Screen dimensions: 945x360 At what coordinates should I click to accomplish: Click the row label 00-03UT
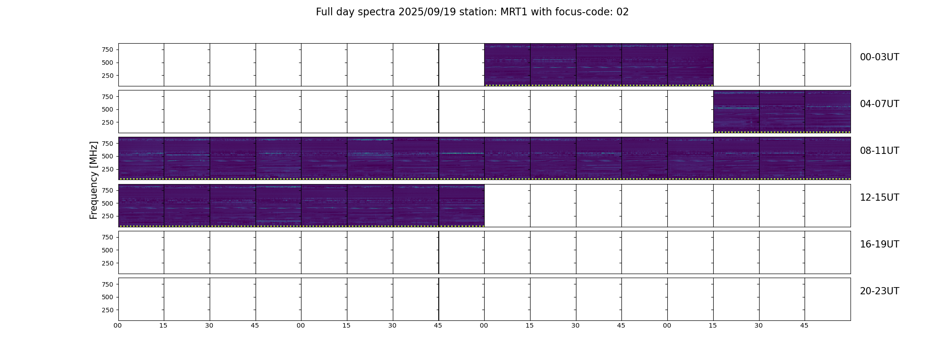click(x=879, y=57)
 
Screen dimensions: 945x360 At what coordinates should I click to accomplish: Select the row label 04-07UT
click(x=879, y=104)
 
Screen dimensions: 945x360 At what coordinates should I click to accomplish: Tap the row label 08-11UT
click(x=879, y=151)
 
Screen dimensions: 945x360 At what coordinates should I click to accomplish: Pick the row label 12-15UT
click(x=879, y=198)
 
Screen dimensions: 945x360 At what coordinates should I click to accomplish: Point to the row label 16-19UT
click(x=879, y=244)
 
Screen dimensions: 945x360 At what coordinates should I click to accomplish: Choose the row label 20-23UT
click(x=879, y=291)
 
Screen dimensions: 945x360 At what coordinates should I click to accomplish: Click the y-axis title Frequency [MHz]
click(x=94, y=180)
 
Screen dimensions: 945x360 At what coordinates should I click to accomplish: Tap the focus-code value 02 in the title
click(x=622, y=12)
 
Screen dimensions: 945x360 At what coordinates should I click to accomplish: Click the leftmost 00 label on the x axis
click(x=118, y=325)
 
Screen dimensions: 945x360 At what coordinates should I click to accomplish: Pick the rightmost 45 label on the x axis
click(x=804, y=325)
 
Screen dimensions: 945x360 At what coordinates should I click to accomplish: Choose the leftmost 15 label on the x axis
click(x=163, y=325)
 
